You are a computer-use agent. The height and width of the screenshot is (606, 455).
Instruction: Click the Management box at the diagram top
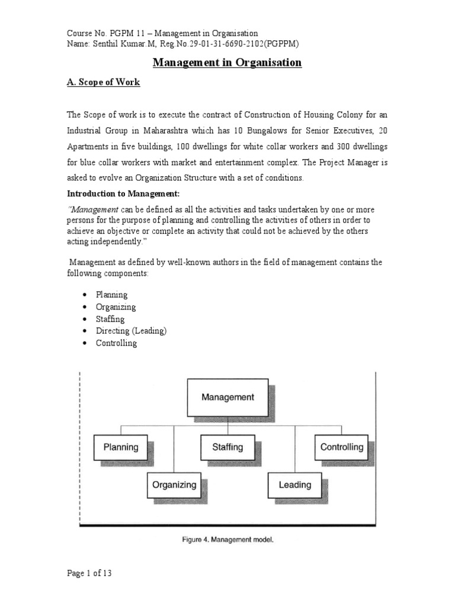(x=227, y=398)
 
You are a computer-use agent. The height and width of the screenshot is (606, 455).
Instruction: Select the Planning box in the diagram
(x=121, y=447)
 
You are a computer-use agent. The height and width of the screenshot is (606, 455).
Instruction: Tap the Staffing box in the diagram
(x=227, y=447)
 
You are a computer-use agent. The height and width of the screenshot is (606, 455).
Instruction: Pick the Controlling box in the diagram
(x=341, y=447)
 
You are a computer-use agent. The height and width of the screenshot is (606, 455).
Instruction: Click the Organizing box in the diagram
(x=174, y=485)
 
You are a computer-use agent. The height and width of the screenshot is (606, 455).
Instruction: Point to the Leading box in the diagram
(x=294, y=485)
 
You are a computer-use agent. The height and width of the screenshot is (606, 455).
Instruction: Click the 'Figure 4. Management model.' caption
(x=227, y=539)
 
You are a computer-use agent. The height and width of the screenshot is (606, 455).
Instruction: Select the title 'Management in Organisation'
(x=227, y=63)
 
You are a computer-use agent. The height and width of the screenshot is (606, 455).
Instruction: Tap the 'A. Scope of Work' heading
(x=104, y=82)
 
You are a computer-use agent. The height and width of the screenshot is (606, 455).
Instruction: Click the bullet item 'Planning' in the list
(x=112, y=295)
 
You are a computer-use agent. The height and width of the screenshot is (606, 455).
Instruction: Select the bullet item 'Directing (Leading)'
(x=131, y=331)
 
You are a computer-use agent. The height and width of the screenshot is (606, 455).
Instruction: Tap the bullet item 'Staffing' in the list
(x=110, y=319)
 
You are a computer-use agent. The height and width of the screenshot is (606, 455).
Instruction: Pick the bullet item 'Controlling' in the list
(x=116, y=343)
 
